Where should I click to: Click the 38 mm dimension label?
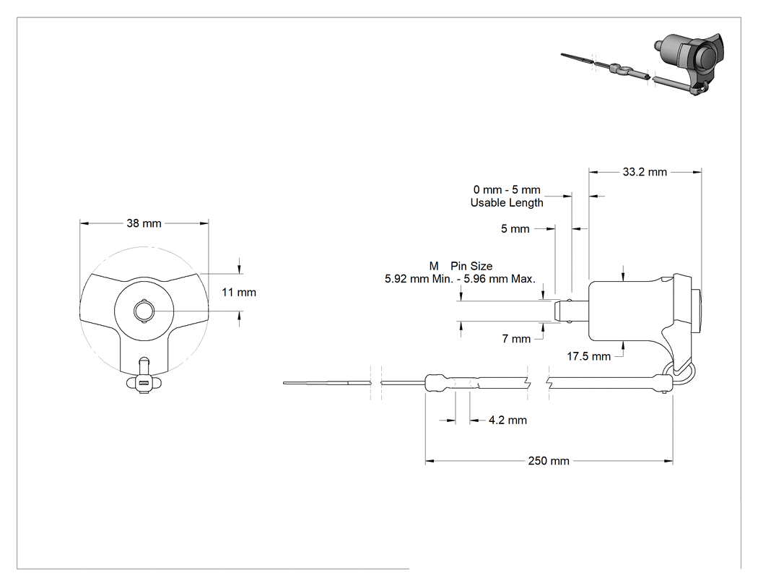coord(144,223)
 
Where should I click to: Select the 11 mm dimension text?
coord(239,292)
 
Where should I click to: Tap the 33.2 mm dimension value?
coord(645,172)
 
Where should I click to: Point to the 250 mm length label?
coord(548,461)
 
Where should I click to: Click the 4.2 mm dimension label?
coord(507,420)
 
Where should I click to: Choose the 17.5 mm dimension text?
coord(588,357)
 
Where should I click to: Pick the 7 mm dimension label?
coord(516,339)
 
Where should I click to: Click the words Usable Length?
coord(507,203)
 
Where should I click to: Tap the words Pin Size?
coord(471,266)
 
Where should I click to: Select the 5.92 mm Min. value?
coord(419,279)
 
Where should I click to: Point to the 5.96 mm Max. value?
coord(500,279)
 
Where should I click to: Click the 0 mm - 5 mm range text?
coord(507,190)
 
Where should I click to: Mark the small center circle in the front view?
coord(144,311)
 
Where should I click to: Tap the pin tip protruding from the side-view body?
coord(570,311)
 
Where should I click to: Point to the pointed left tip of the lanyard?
coord(284,383)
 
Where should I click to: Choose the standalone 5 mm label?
coord(515,229)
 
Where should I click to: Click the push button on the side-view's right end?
coord(697,311)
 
